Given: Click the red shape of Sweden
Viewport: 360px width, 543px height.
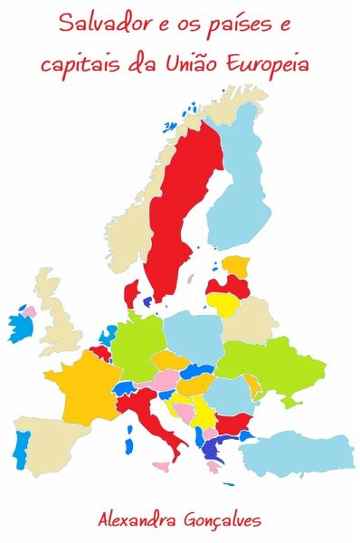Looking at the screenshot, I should point(181,208).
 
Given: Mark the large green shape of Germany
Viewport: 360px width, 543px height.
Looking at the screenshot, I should point(136,344).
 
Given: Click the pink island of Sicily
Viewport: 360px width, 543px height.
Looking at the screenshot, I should point(161,467).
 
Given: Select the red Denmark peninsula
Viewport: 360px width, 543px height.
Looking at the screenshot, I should point(132,292).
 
